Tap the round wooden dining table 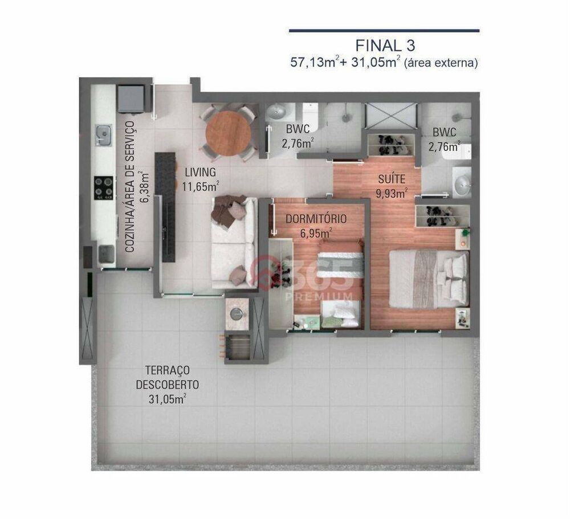[228, 133]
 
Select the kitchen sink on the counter [103, 134]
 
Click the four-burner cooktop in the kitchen [104, 187]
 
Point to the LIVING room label [199, 173]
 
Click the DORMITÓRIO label [316, 219]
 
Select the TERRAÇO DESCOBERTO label [168, 377]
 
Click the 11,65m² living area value [201, 186]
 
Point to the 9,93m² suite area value [391, 193]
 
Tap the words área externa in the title [440, 63]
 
